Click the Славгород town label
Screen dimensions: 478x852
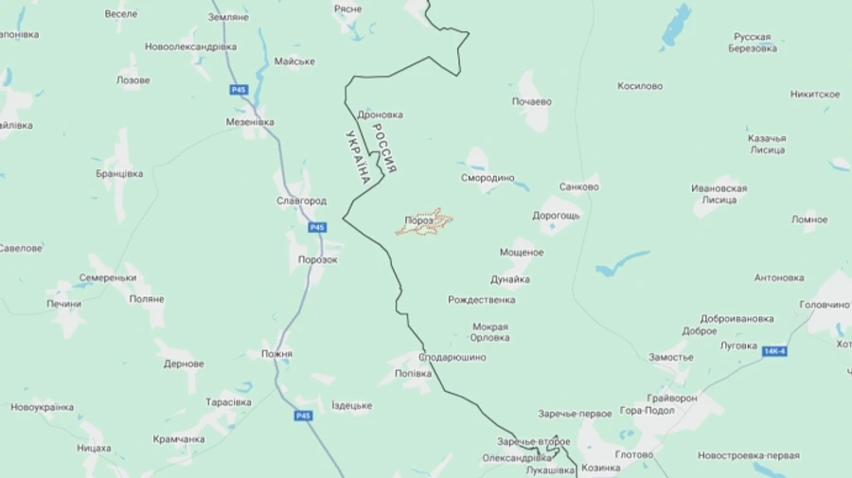(301, 201)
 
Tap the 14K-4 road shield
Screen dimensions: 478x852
(774, 351)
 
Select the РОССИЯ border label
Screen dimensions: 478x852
(384, 148)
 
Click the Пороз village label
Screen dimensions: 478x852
(418, 221)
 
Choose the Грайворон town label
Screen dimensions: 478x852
(673, 398)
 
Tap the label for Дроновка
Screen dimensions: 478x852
(381, 115)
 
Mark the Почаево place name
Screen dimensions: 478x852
(531, 100)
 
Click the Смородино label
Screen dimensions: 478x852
(488, 177)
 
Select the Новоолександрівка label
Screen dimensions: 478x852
(190, 46)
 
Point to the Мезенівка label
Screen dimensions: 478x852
(250, 122)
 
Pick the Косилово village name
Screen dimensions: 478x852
(640, 85)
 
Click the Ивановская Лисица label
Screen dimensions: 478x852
(719, 194)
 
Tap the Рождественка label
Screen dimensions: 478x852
(482, 300)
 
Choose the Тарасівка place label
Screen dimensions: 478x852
(228, 402)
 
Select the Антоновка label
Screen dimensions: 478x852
(779, 277)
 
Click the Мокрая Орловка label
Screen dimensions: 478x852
(490, 332)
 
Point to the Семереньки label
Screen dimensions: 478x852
(108, 277)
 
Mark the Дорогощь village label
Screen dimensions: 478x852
(556, 215)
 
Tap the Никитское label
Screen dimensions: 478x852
(815, 94)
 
